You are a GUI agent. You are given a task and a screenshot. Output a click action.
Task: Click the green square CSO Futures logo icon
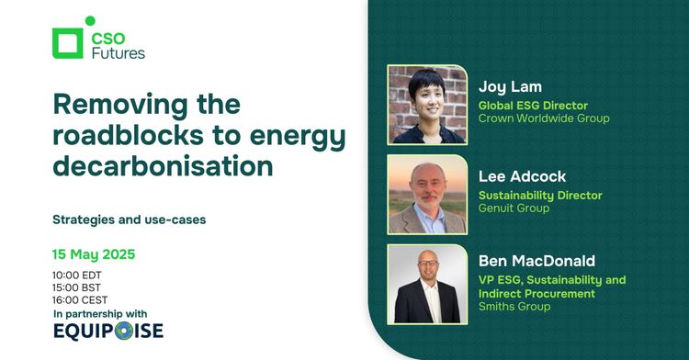(x=69, y=43)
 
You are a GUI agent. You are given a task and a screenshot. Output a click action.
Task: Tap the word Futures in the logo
(x=118, y=52)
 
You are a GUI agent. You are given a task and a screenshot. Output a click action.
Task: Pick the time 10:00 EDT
(x=79, y=275)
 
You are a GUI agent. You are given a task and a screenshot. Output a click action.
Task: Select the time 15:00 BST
(x=79, y=287)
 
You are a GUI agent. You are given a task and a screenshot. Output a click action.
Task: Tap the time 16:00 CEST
(x=81, y=300)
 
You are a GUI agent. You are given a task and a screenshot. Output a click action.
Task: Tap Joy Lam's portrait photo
(x=427, y=104)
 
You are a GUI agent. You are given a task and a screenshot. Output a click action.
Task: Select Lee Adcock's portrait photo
(x=427, y=194)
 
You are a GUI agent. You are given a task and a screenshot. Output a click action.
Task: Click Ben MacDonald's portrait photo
(x=427, y=284)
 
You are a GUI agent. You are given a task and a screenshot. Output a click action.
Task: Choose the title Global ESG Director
(x=533, y=105)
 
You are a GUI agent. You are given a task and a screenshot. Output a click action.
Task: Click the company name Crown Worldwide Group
(x=544, y=118)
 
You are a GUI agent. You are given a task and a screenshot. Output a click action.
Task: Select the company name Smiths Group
(x=514, y=307)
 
